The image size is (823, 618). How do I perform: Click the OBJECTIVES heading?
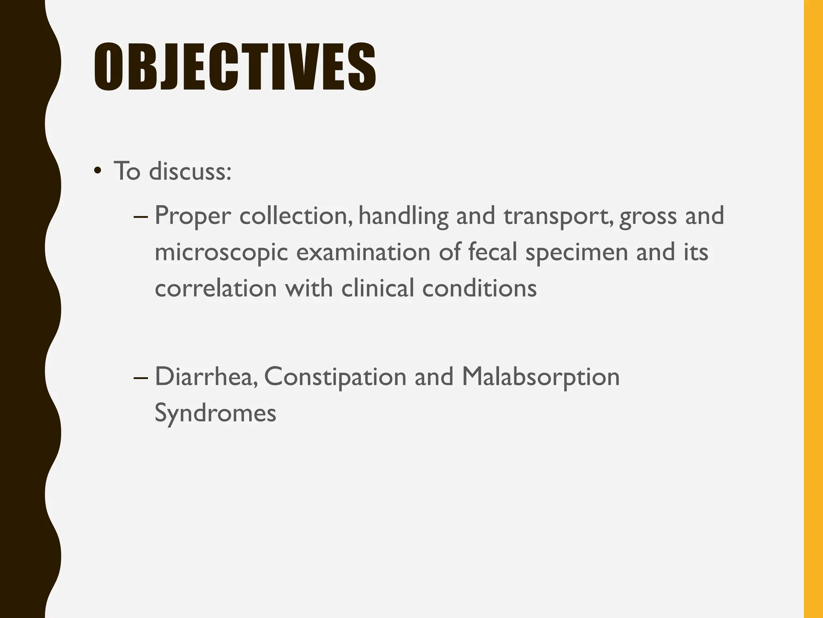(x=235, y=67)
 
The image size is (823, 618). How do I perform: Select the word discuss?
(x=190, y=171)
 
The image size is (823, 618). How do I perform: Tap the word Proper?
(x=192, y=216)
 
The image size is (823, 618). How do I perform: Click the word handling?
(x=403, y=216)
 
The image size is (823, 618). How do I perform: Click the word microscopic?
(x=221, y=253)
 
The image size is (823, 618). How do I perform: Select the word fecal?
(x=493, y=252)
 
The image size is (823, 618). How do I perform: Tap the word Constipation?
(x=335, y=377)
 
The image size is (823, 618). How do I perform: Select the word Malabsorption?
(x=540, y=377)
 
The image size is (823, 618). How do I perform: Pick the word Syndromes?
(x=215, y=414)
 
